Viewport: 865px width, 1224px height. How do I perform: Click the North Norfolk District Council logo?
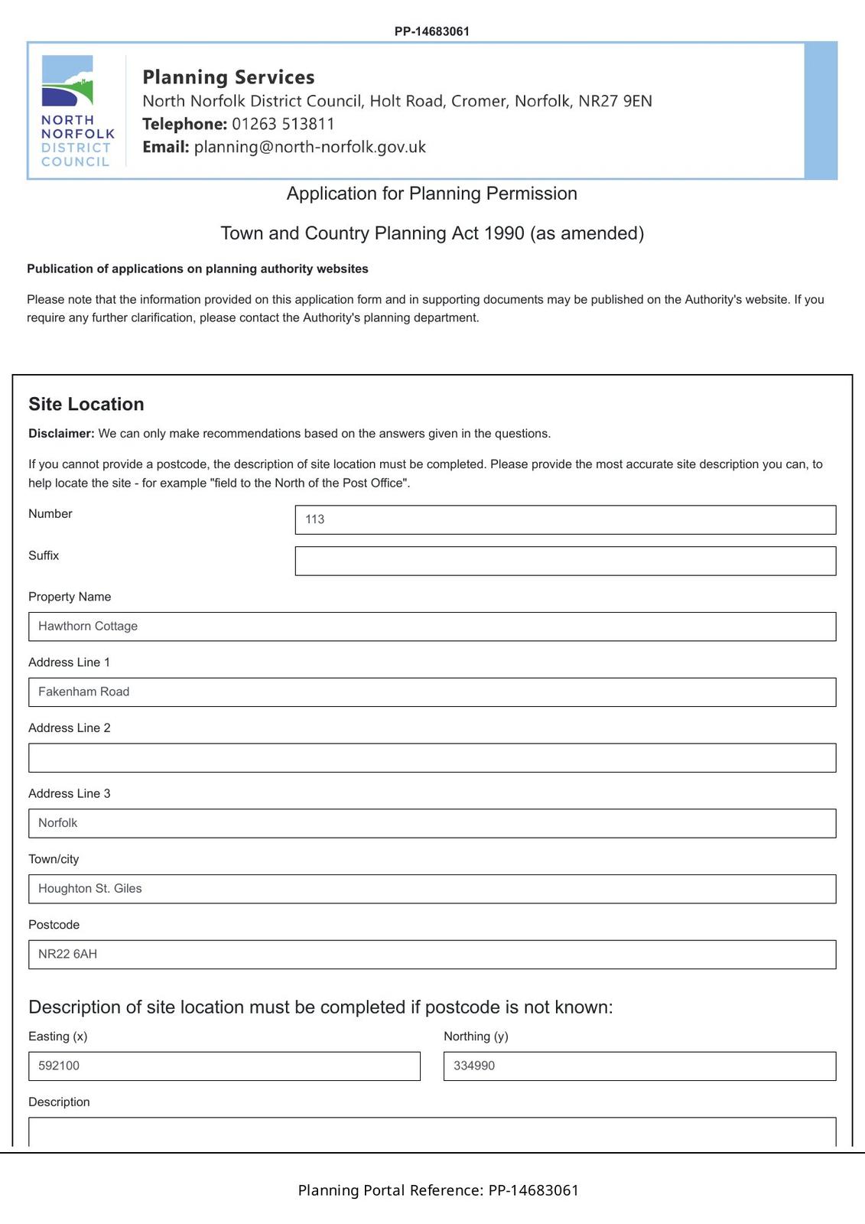click(76, 111)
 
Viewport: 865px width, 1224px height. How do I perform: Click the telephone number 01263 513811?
click(283, 124)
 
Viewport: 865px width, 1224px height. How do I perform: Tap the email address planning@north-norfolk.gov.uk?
click(310, 147)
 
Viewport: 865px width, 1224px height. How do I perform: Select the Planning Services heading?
click(228, 77)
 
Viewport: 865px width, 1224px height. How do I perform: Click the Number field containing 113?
click(565, 519)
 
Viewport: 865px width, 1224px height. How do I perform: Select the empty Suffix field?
click(565, 561)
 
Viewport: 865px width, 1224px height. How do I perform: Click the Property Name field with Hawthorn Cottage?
click(432, 627)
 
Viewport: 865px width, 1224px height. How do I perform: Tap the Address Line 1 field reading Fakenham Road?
click(432, 692)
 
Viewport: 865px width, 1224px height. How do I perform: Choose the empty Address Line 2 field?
click(432, 757)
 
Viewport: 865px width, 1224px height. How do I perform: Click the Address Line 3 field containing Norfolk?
click(432, 823)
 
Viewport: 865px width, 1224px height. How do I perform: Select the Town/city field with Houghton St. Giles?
click(432, 889)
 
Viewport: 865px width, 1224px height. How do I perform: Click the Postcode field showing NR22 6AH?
click(432, 955)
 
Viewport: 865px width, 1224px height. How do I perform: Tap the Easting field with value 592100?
click(224, 1066)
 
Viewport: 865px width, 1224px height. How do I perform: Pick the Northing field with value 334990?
click(639, 1066)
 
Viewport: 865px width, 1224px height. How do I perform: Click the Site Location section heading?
click(86, 404)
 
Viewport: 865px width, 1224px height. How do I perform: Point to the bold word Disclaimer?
click(61, 434)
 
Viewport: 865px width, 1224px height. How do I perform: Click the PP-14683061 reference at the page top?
click(432, 31)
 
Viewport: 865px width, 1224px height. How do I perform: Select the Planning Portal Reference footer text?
click(438, 1190)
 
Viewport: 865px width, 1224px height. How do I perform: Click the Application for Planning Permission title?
click(432, 194)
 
